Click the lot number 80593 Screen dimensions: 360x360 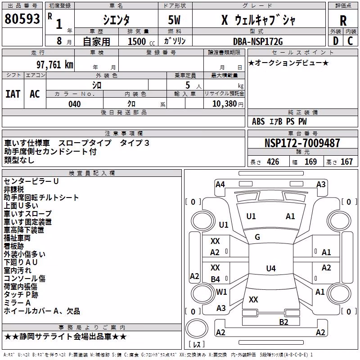(22, 19)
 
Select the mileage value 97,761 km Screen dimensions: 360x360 (55, 65)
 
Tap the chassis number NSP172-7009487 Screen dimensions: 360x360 (302, 143)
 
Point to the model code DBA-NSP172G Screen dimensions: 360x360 (258, 41)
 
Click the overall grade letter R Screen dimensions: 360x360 (343, 21)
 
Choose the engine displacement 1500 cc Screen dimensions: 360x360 (141, 41)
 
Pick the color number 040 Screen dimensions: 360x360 (75, 104)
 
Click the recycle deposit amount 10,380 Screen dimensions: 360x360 (224, 104)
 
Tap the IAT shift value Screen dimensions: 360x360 (13, 94)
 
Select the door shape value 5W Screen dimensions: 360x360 (174, 20)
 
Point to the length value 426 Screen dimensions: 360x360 (273, 162)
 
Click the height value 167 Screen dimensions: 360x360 (346, 162)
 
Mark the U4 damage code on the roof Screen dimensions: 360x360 (271, 268)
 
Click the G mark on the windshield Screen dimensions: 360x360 (257, 237)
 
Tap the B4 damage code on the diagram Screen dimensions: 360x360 (216, 279)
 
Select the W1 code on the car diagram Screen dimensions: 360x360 (221, 292)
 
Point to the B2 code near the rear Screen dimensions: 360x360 (283, 322)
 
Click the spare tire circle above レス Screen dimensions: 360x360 (197, 328)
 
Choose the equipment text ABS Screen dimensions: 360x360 (258, 121)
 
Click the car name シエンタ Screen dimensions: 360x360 (116, 20)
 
